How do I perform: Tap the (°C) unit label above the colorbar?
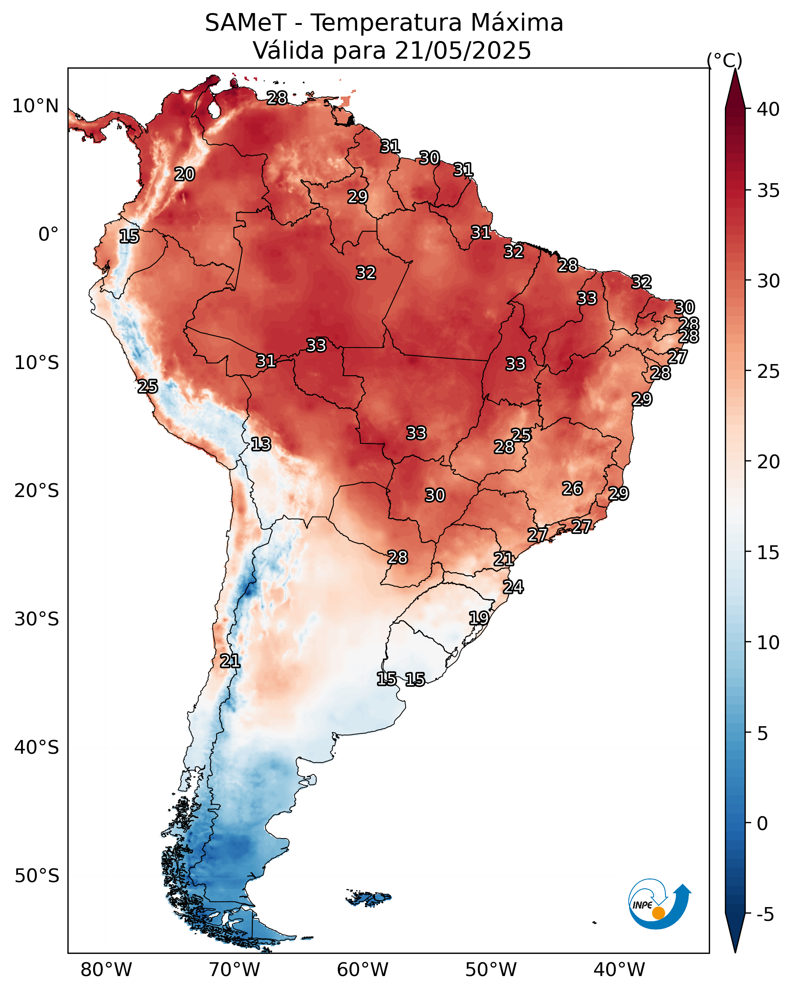[724, 60]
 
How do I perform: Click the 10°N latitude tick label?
[35, 106]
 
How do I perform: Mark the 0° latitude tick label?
[48, 235]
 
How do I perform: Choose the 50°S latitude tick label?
[37, 876]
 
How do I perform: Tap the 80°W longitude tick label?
[106, 970]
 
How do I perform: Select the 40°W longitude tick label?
[619, 970]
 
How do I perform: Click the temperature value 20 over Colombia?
[184, 174]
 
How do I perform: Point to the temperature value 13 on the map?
[261, 445]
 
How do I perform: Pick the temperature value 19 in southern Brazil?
[479, 618]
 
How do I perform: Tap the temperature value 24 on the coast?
[513, 587]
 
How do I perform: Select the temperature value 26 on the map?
[572, 489]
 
